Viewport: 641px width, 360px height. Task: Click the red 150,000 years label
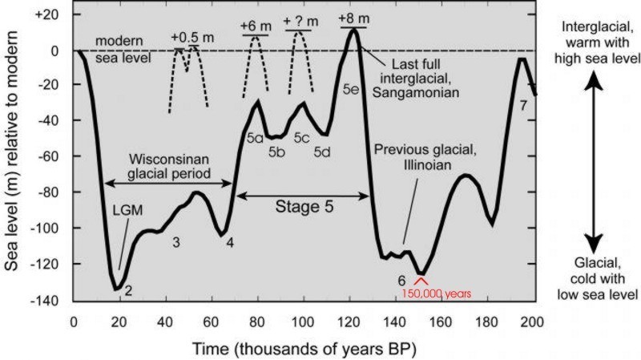click(x=433, y=294)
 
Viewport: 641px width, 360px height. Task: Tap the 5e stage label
click(x=349, y=89)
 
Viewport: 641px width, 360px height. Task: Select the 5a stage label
click(x=255, y=138)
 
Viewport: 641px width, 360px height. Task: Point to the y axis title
click(x=13, y=158)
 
